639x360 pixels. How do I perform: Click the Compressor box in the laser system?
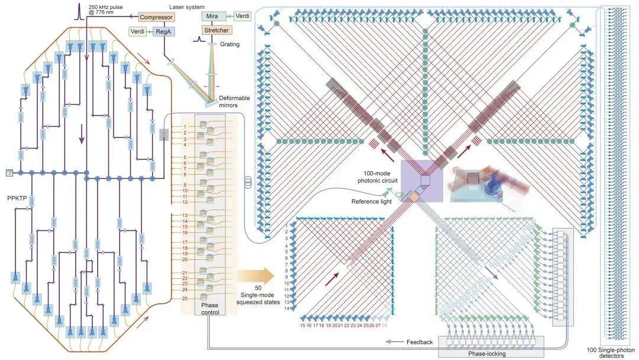156,17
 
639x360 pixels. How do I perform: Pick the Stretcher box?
215,30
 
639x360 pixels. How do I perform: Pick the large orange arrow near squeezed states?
256,275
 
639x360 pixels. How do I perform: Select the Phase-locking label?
488,353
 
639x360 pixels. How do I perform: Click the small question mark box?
9,172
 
